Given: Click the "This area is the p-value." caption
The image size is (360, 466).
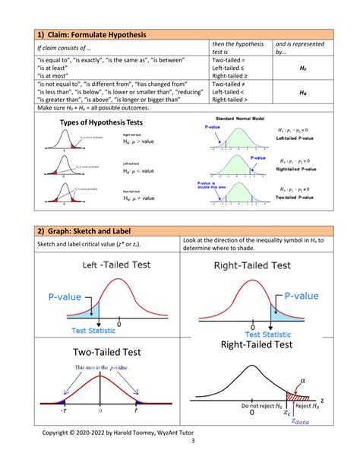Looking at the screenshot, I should point(98,367).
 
